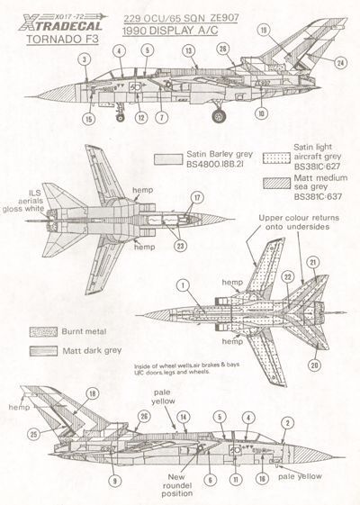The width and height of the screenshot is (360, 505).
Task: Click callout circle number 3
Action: tap(84, 60)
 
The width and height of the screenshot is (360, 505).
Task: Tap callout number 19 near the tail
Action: tap(289, 30)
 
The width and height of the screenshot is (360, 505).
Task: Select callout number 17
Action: tap(196, 197)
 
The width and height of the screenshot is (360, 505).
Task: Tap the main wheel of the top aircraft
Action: tap(218, 114)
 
